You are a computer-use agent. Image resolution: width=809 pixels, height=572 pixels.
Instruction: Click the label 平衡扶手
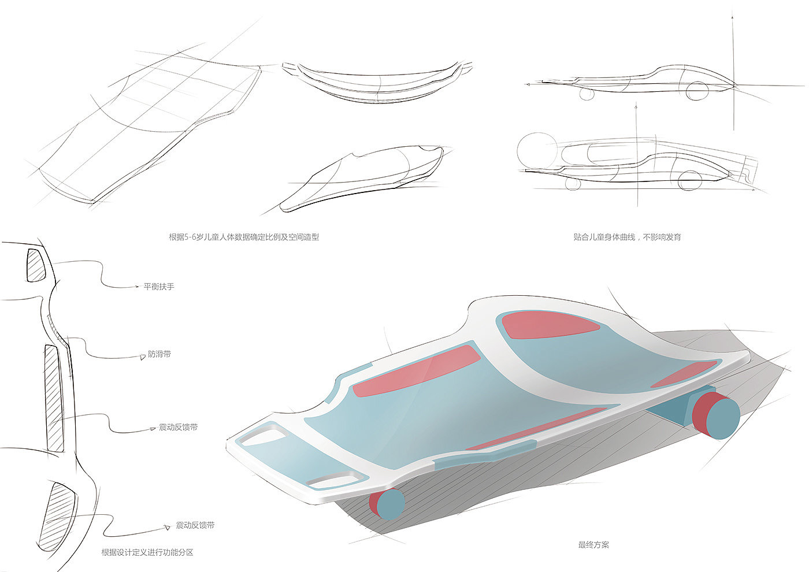[158, 287]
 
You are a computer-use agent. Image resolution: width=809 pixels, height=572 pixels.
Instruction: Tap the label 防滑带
[159, 354]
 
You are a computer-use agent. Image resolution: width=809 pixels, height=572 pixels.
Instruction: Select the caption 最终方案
[593, 545]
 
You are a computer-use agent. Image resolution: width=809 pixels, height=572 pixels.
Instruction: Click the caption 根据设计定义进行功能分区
[147, 552]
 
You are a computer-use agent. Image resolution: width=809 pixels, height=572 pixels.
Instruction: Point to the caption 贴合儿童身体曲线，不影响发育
[627, 237]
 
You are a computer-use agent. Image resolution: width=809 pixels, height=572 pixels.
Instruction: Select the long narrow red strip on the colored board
[537, 428]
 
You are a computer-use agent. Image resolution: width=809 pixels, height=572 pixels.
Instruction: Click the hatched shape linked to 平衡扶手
[36, 264]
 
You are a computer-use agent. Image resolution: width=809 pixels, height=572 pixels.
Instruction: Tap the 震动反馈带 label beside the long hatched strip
[178, 428]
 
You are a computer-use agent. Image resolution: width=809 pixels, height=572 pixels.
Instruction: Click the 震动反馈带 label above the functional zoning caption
[195, 526]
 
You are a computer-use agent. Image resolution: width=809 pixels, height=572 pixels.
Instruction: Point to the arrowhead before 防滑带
[142, 358]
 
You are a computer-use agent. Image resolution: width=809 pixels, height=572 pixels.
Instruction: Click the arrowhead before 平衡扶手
[137, 286]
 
